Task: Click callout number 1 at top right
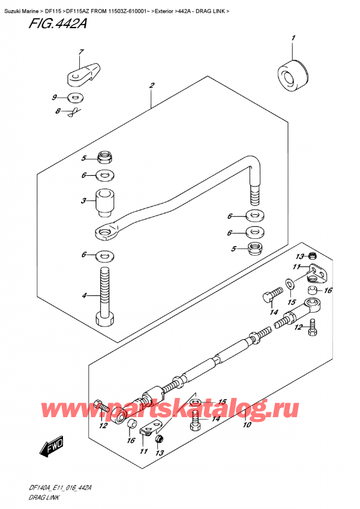click(x=293, y=40)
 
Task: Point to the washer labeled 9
click(x=74, y=97)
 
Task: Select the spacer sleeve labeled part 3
click(x=106, y=204)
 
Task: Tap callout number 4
click(x=85, y=295)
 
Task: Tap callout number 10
click(x=246, y=426)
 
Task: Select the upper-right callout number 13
click(x=296, y=256)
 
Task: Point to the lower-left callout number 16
click(x=130, y=440)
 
